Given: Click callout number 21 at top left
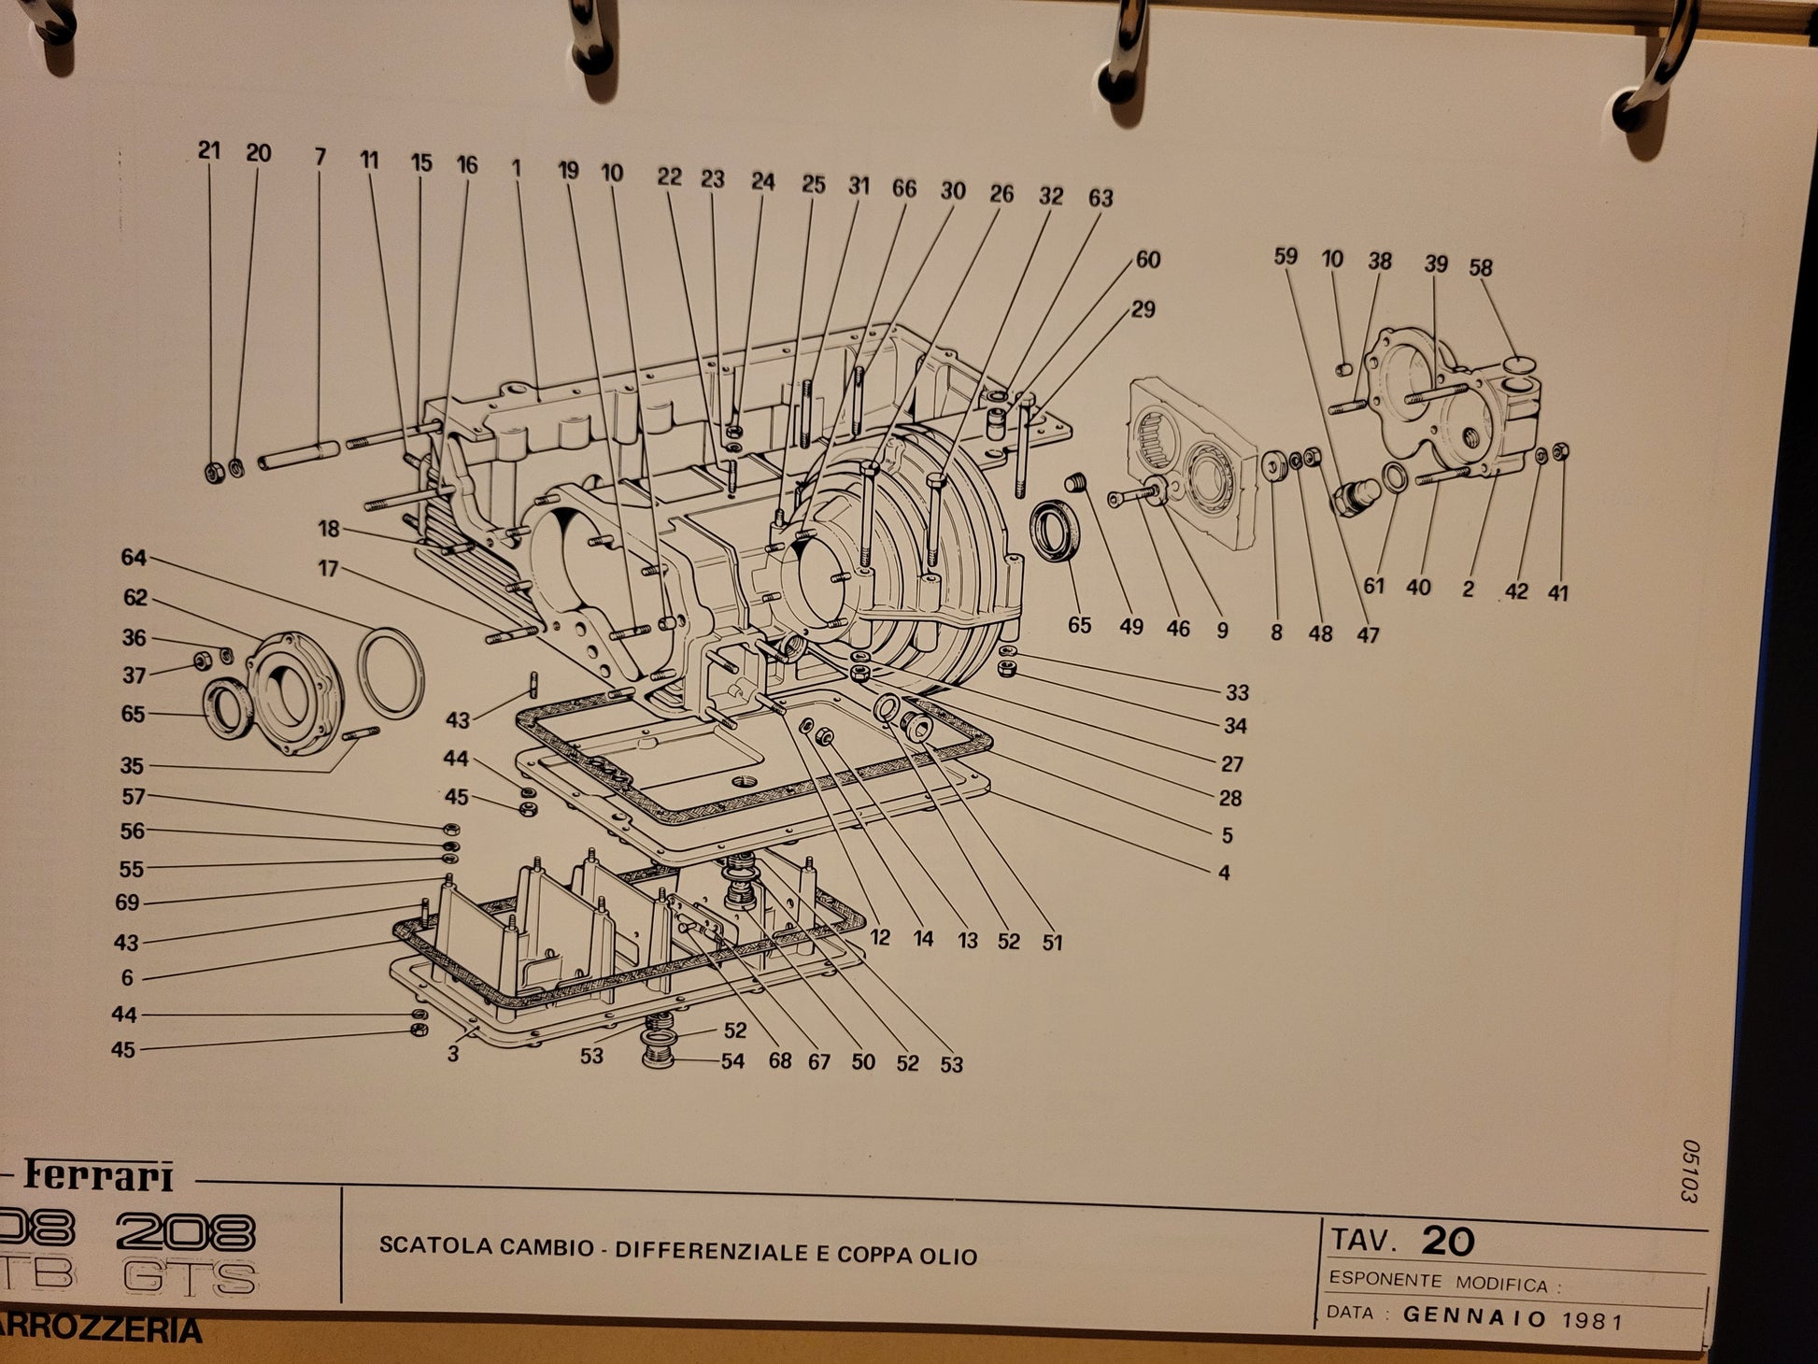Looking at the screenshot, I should pos(209,149).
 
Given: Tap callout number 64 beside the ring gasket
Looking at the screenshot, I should pos(134,558).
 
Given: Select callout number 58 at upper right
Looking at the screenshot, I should pos(1481,267).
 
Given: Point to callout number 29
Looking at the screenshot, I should pos(1143,309).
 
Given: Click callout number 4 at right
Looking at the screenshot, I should pos(1224,873).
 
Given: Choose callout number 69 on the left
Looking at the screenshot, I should pos(127,902).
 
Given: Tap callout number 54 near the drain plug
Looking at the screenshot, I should pos(732,1061).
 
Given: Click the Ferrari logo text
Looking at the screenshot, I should pos(98,1176).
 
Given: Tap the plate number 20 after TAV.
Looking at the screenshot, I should pos(1447,1242).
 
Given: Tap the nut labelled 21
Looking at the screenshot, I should pos(215,473).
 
